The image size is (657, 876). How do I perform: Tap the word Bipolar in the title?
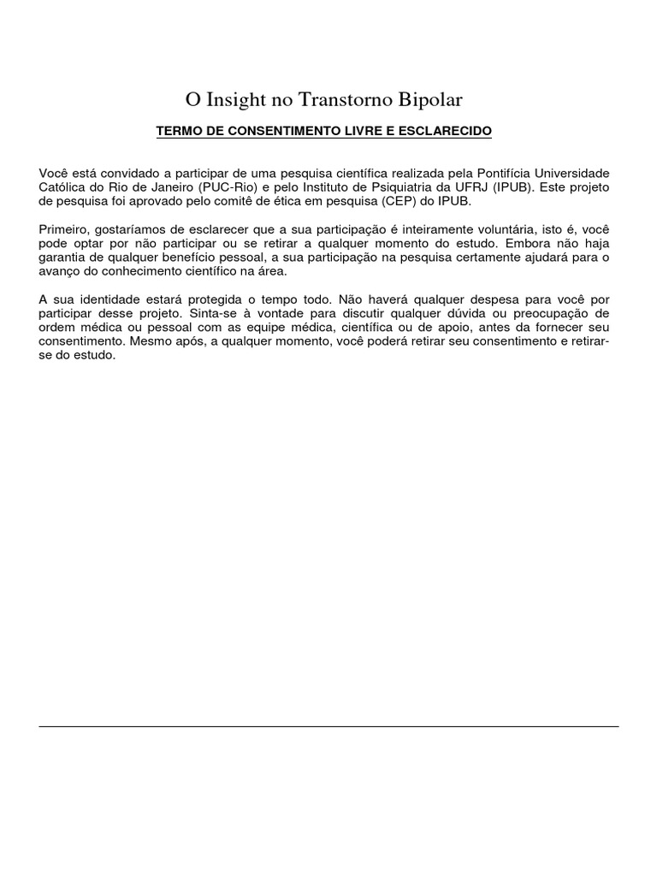pyautogui.click(x=430, y=100)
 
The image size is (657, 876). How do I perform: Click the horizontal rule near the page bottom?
pyautogui.click(x=328, y=727)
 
